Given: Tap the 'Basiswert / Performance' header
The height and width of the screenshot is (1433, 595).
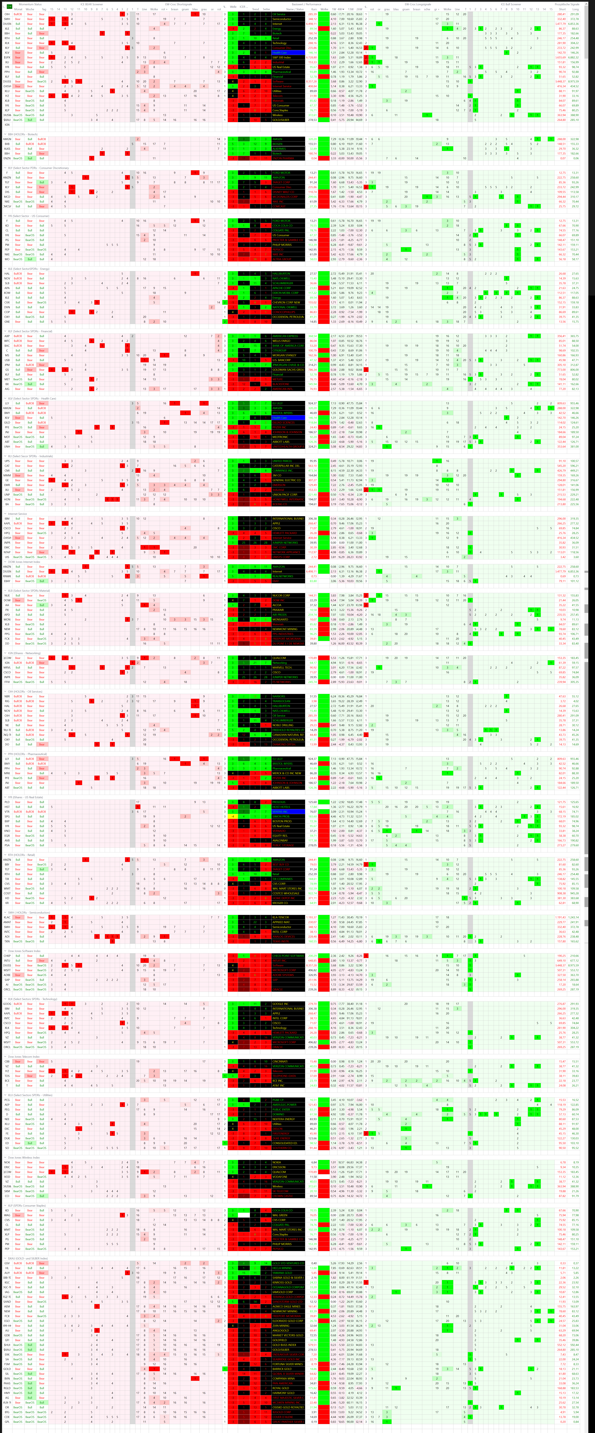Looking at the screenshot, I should click(x=306, y=4).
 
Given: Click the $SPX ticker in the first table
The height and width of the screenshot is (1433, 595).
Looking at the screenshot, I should click(x=7, y=57).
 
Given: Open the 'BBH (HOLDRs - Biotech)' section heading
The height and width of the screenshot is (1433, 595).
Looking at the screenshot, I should click(x=22, y=134).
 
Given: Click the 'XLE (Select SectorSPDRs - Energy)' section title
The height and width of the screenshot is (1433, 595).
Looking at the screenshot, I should click(x=28, y=269).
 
